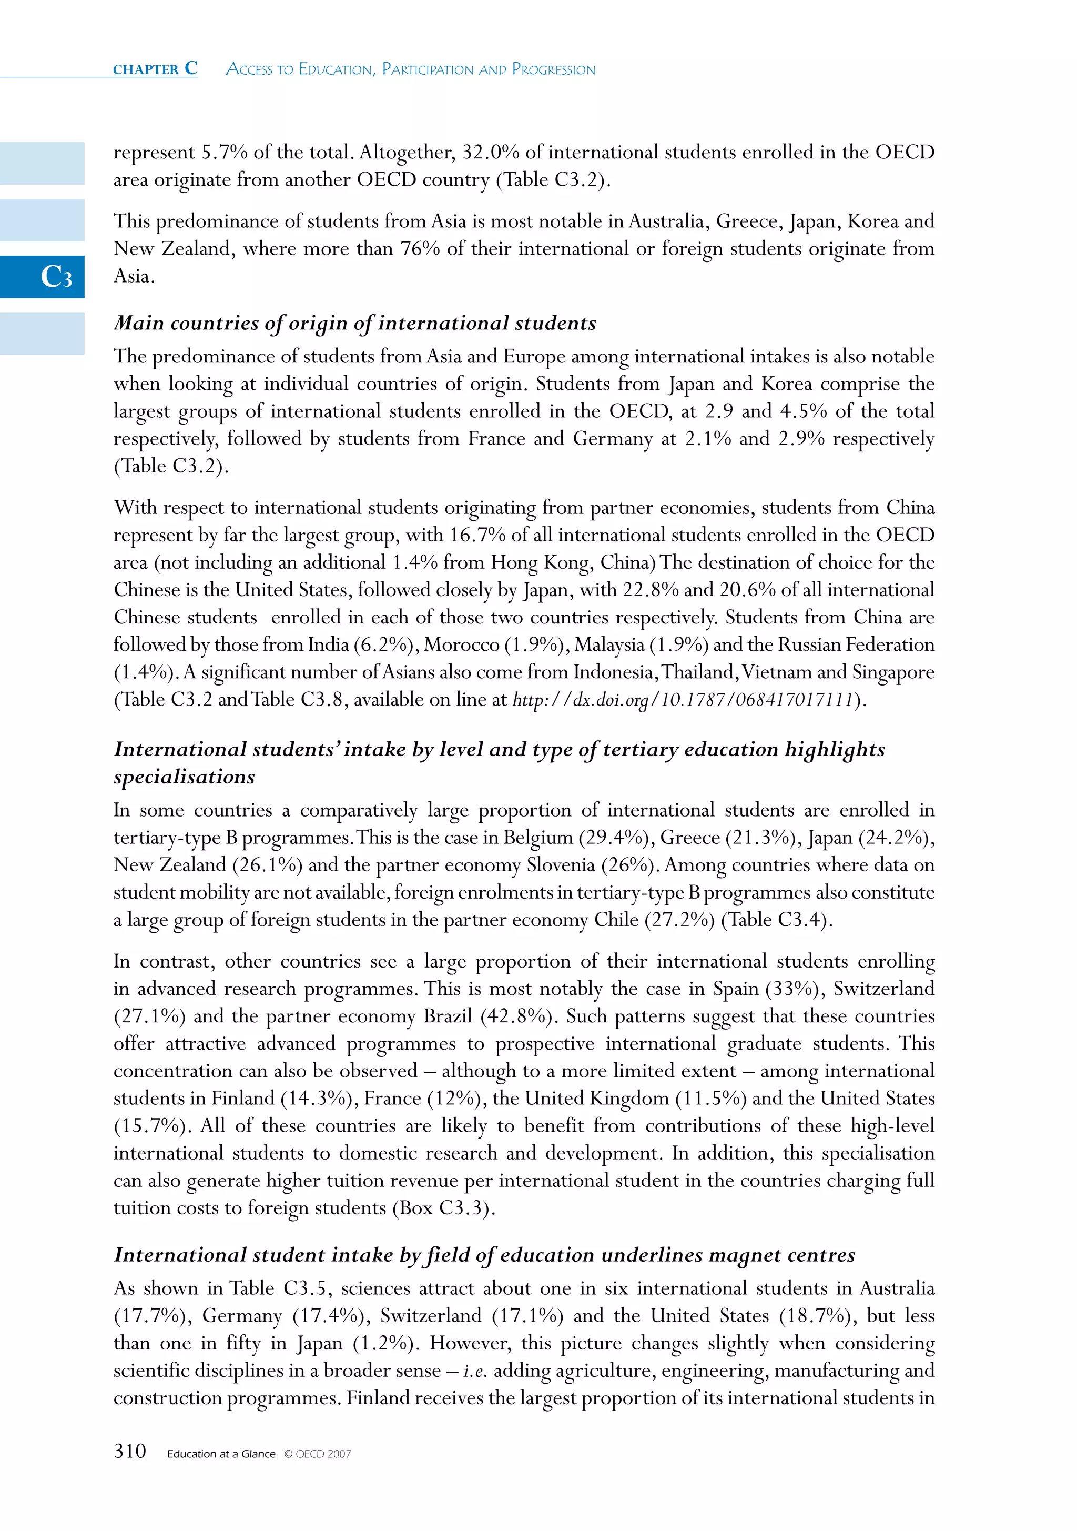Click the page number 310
(130, 1451)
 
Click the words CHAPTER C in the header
(155, 69)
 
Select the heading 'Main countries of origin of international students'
(354, 324)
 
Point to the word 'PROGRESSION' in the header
(553, 69)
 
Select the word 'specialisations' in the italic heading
(185, 777)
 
